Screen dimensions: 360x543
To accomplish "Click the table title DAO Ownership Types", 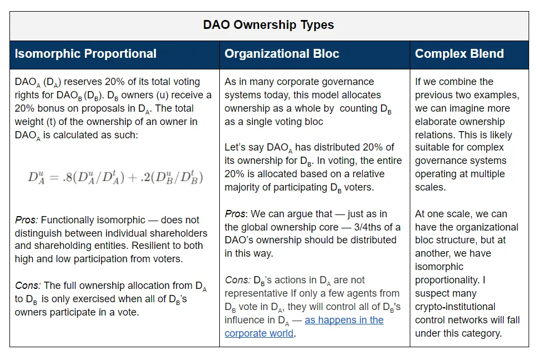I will pos(269,25).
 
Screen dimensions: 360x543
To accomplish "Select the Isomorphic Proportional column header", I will pos(86,54).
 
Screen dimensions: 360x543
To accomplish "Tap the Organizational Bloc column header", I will pos(281,54).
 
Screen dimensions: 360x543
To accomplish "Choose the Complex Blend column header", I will pos(459,54).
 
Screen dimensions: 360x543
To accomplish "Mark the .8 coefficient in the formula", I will pos(64,178).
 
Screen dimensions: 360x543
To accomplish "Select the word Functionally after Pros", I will pos(68,220).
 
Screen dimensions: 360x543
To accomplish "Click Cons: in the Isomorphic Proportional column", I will pos(28,286).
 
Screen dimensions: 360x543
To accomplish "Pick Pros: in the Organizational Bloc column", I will pos(236,214).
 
